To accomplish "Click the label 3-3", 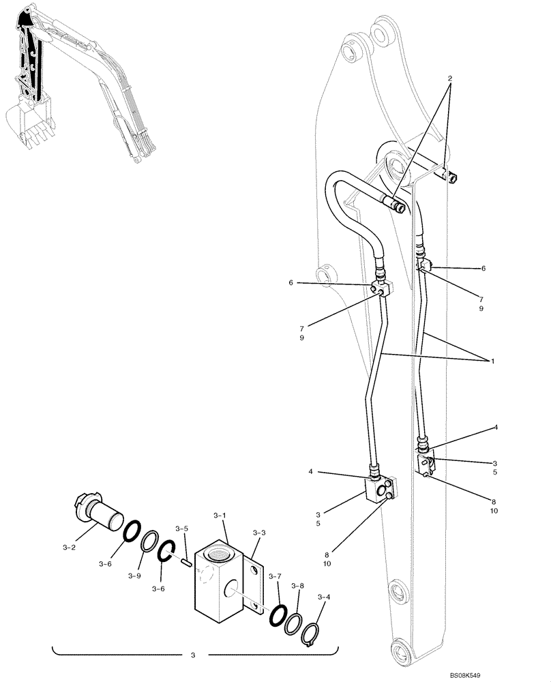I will coord(258,533).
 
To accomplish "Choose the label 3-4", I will coord(325,597).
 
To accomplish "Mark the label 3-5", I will coord(181,529).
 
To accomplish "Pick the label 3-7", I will coord(274,577).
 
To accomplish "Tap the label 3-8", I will coord(298,586).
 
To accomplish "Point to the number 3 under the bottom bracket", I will coord(192,656).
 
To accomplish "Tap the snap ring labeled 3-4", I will coord(312,631).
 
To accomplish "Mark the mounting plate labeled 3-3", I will coord(255,587).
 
